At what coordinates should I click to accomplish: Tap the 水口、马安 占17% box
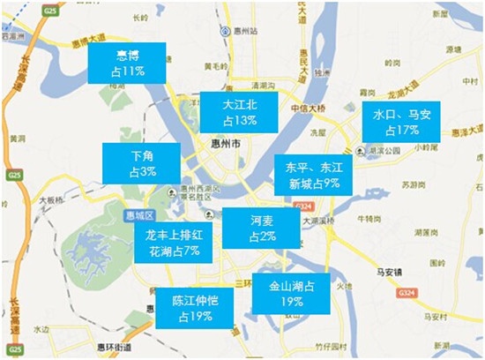(x=401, y=122)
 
